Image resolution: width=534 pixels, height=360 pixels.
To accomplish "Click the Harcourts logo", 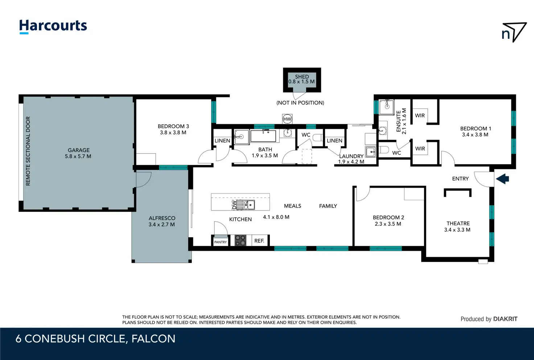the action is click(x=53, y=26).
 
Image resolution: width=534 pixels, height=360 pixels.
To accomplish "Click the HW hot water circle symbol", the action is click(x=287, y=119).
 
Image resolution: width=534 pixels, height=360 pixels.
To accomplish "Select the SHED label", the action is click(x=302, y=77).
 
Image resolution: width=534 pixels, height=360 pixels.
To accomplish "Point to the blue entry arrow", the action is click(x=502, y=179).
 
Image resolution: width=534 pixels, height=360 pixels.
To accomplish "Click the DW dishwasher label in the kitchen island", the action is click(x=234, y=205).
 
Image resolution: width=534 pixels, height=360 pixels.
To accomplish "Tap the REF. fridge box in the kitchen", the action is click(x=259, y=241).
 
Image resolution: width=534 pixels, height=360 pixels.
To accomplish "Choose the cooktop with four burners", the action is click(x=240, y=240).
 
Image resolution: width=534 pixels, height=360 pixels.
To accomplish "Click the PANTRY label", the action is click(x=220, y=242).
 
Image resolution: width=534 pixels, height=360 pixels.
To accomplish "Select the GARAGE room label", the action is click(x=79, y=150).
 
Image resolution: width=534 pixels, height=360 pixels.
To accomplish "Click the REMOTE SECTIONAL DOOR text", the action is click(x=28, y=151).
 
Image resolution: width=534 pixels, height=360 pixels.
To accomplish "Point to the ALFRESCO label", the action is click(x=162, y=218).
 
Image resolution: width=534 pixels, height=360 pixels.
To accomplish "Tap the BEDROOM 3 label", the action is click(x=173, y=126).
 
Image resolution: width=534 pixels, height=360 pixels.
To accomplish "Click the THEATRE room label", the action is click(x=458, y=224).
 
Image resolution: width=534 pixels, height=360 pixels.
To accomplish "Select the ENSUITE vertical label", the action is click(x=398, y=121).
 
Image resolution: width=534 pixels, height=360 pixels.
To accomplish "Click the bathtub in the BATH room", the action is click(x=263, y=136).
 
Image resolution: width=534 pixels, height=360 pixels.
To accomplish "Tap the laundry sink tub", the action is click(x=370, y=152).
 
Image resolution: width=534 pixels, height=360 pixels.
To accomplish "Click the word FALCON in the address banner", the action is click(x=153, y=339).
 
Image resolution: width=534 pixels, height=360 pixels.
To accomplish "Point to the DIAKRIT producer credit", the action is click(x=505, y=319).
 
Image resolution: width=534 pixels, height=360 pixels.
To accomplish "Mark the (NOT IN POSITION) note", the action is click(x=300, y=103).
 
